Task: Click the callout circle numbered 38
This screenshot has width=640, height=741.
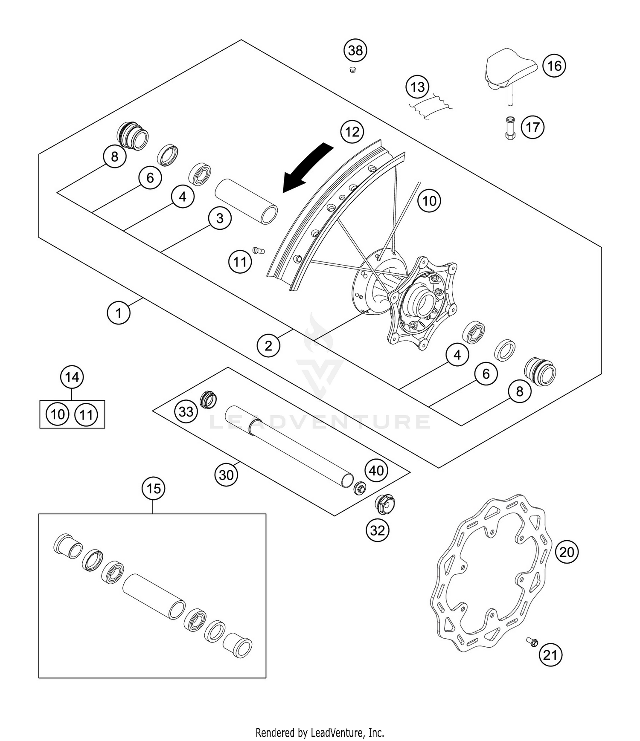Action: pyautogui.click(x=355, y=50)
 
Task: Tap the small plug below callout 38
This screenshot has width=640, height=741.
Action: pyautogui.click(x=352, y=69)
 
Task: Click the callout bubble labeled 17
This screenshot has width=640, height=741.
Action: pyautogui.click(x=532, y=127)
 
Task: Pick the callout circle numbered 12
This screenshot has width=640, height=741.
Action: pyautogui.click(x=352, y=132)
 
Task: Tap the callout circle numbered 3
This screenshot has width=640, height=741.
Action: pyautogui.click(x=220, y=218)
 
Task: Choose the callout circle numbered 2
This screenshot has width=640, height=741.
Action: pyautogui.click(x=268, y=345)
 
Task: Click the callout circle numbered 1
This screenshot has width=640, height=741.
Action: pyautogui.click(x=118, y=313)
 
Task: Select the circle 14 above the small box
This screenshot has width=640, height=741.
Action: pyautogui.click(x=72, y=377)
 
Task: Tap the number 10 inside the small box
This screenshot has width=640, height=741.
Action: pyautogui.click(x=58, y=414)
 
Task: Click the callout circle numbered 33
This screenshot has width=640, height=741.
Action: pyautogui.click(x=186, y=411)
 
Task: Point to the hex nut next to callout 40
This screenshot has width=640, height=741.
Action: pyautogui.click(x=360, y=488)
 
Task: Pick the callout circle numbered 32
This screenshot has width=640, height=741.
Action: pyautogui.click(x=377, y=530)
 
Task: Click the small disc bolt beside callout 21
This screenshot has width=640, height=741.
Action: pyautogui.click(x=532, y=642)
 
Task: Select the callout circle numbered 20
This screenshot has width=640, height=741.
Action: pyautogui.click(x=567, y=552)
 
